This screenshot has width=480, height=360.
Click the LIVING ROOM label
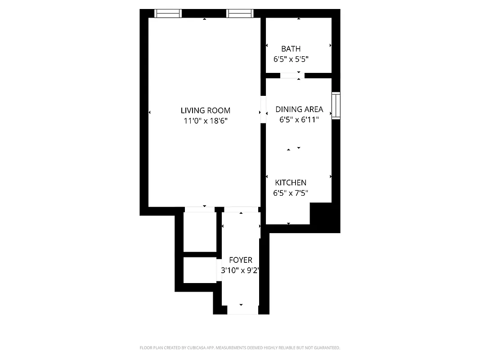coord(205,110)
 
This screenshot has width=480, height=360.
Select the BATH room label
coord(291,49)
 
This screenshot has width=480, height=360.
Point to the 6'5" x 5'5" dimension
coord(291,59)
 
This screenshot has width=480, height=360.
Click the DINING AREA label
coord(299,109)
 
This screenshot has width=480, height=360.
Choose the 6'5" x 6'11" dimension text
coord(299,120)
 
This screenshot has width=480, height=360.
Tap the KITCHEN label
coord(291,183)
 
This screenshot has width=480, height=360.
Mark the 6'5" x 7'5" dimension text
coord(291,193)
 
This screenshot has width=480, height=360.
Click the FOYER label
coord(241,260)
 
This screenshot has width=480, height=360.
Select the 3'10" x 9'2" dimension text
coord(241,271)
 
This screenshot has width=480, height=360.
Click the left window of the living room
coord(168,13)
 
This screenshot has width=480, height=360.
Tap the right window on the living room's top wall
coord(240,13)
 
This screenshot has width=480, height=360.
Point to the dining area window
coord(336,105)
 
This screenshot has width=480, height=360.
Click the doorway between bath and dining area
coord(292,76)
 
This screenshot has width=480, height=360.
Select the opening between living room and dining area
coord(263,110)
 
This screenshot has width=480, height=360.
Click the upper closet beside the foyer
coord(200,232)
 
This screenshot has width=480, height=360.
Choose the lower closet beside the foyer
coord(200,270)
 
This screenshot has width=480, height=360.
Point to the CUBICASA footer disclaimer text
coord(240,348)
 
